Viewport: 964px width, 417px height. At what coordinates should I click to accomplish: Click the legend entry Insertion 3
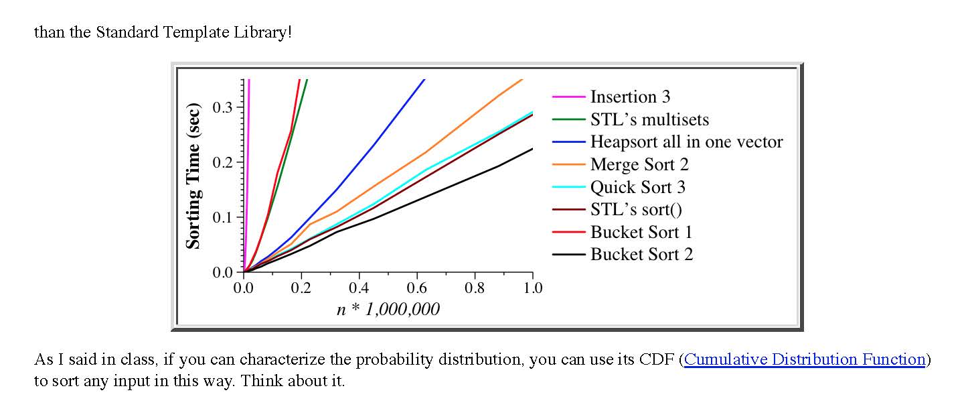click(630, 97)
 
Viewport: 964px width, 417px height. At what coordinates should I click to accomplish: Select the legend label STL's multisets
click(649, 120)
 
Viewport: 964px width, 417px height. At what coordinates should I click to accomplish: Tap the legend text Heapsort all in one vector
click(686, 142)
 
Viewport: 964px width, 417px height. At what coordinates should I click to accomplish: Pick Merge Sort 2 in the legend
click(639, 165)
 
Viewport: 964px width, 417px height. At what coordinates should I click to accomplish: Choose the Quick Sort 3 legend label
click(638, 187)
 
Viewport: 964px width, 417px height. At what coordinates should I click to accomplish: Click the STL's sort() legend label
click(636, 210)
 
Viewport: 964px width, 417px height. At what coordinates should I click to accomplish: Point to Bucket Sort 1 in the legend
click(641, 232)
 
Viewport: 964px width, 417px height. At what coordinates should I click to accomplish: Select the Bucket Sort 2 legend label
click(641, 255)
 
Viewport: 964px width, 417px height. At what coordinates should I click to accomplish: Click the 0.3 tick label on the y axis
click(222, 107)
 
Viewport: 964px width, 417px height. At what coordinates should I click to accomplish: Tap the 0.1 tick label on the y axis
click(222, 217)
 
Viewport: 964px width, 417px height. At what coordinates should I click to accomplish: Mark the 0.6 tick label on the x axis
click(416, 288)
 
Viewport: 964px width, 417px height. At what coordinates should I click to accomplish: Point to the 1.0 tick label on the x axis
click(533, 288)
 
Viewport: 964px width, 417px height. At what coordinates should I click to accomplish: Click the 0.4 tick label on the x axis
click(359, 288)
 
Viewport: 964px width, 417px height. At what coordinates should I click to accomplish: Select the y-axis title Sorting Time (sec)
click(193, 176)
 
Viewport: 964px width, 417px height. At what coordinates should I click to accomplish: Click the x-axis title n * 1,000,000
click(388, 309)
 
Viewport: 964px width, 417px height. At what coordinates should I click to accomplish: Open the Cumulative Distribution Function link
click(805, 359)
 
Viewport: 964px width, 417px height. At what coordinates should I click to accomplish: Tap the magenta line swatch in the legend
click(569, 98)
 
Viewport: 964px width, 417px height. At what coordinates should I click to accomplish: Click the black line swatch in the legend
click(569, 255)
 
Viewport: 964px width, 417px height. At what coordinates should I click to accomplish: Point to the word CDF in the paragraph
click(657, 359)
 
